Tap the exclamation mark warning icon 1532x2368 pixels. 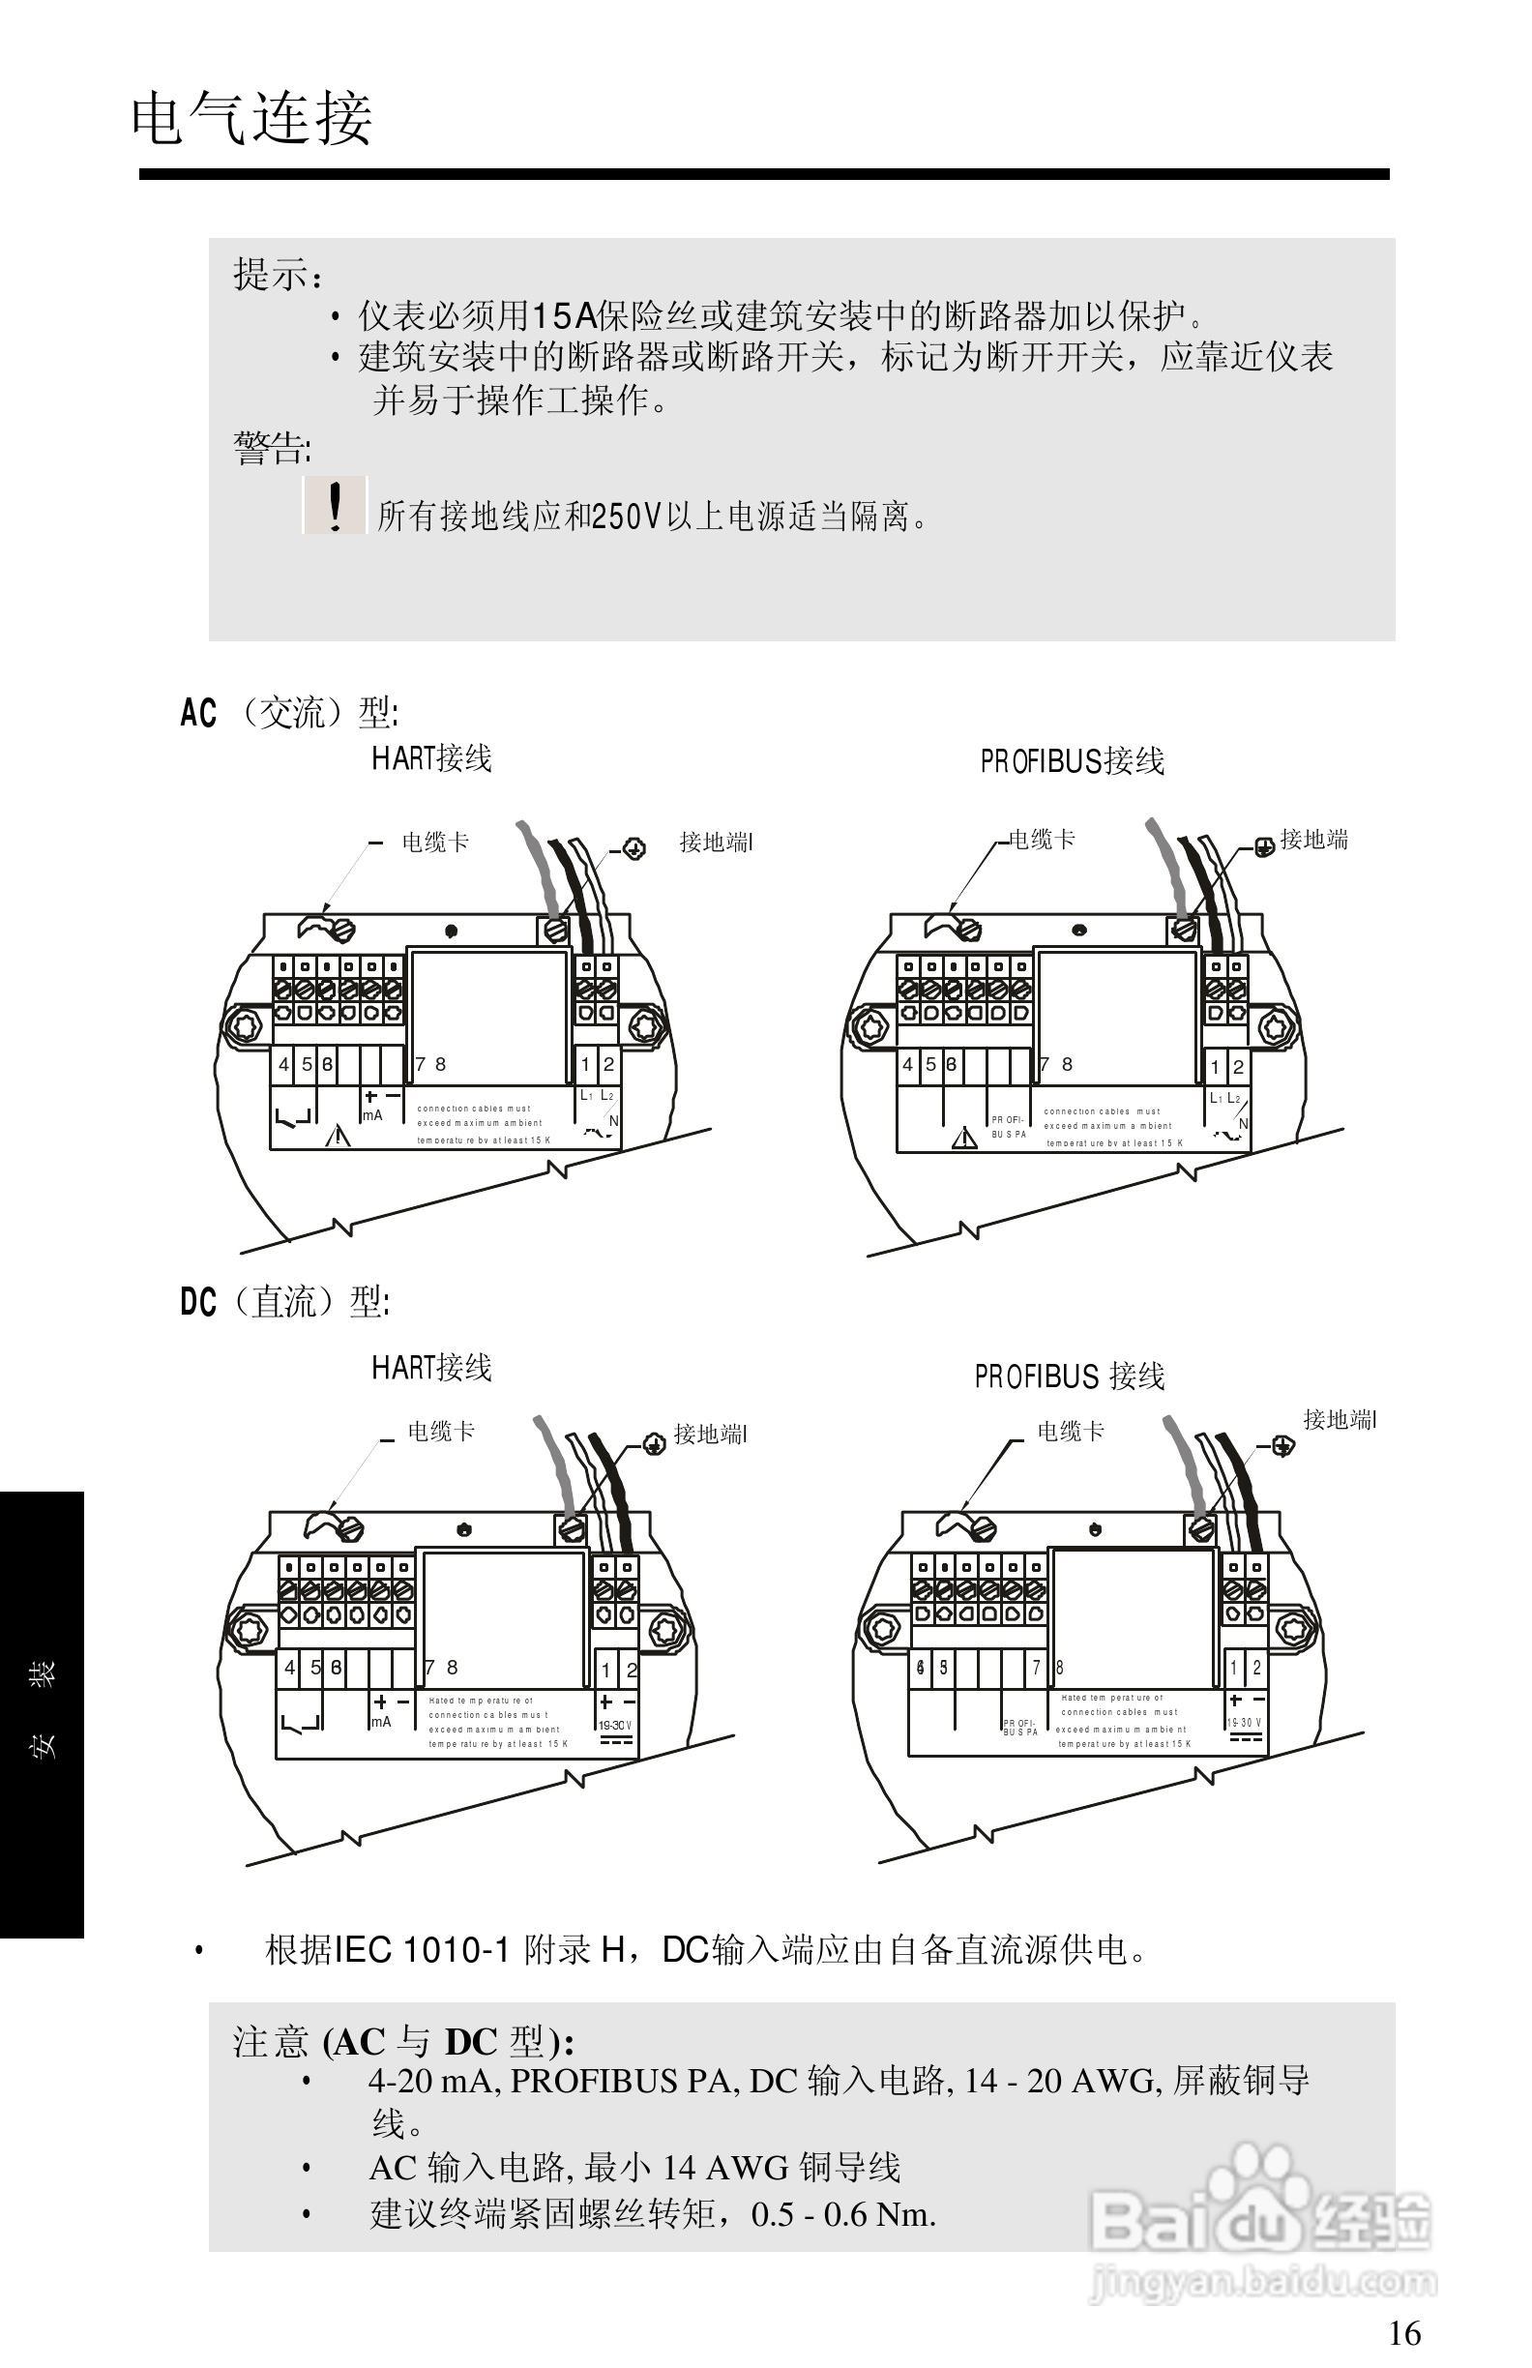336,507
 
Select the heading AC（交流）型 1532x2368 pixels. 288,712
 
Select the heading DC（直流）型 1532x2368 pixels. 284,1301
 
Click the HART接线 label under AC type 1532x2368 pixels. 431,758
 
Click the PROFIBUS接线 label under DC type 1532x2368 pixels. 1070,1377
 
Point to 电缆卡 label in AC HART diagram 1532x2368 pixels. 434,843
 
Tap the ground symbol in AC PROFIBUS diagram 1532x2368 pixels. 1263,848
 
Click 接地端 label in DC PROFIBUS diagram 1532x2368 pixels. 1339,1420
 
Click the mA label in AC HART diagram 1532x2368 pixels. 372,1115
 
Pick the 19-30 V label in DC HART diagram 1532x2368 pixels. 615,1726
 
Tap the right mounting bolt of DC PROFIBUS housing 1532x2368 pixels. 1294,1629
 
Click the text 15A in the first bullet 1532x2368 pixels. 564,316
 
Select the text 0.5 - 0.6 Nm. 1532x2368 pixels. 842,2214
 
